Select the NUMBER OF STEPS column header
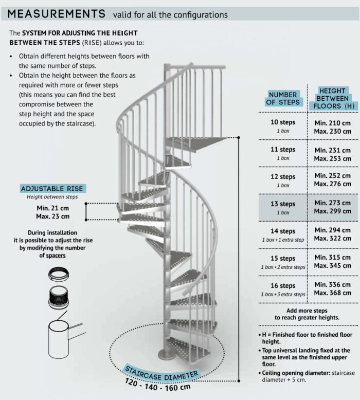click(283, 98)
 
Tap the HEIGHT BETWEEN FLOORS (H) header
click(332, 98)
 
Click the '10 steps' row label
click(283, 122)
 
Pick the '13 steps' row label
click(283, 204)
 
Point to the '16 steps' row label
click(283, 285)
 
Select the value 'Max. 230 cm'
click(332, 131)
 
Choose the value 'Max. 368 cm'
click(332, 294)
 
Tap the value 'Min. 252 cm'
click(332, 175)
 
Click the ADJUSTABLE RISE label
click(52, 189)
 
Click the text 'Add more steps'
click(307, 311)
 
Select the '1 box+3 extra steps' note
click(283, 294)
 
